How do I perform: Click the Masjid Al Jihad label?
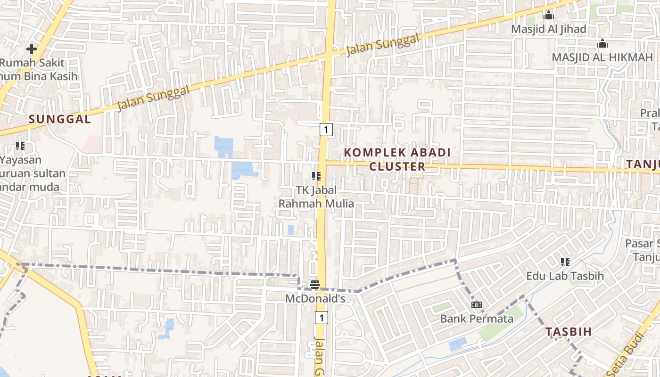click(549, 29)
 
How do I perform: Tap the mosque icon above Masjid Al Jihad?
click(548, 16)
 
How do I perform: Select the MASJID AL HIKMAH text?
click(602, 57)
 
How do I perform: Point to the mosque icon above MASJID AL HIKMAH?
click(602, 44)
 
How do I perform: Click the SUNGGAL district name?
click(60, 119)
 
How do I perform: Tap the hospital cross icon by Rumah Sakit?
click(32, 49)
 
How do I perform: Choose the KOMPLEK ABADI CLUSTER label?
click(397, 159)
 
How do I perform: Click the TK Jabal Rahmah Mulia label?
click(316, 197)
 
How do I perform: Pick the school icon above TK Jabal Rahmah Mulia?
click(316, 176)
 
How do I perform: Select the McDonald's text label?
click(315, 299)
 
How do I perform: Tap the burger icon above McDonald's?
click(315, 285)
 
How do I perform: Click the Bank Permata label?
click(477, 319)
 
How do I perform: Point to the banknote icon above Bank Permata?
click(477, 305)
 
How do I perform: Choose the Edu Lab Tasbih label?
click(565, 276)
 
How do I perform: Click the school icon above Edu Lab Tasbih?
click(565, 262)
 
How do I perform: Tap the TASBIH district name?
click(569, 332)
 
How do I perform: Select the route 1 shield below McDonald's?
click(322, 318)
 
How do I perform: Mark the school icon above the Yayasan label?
click(20, 146)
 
